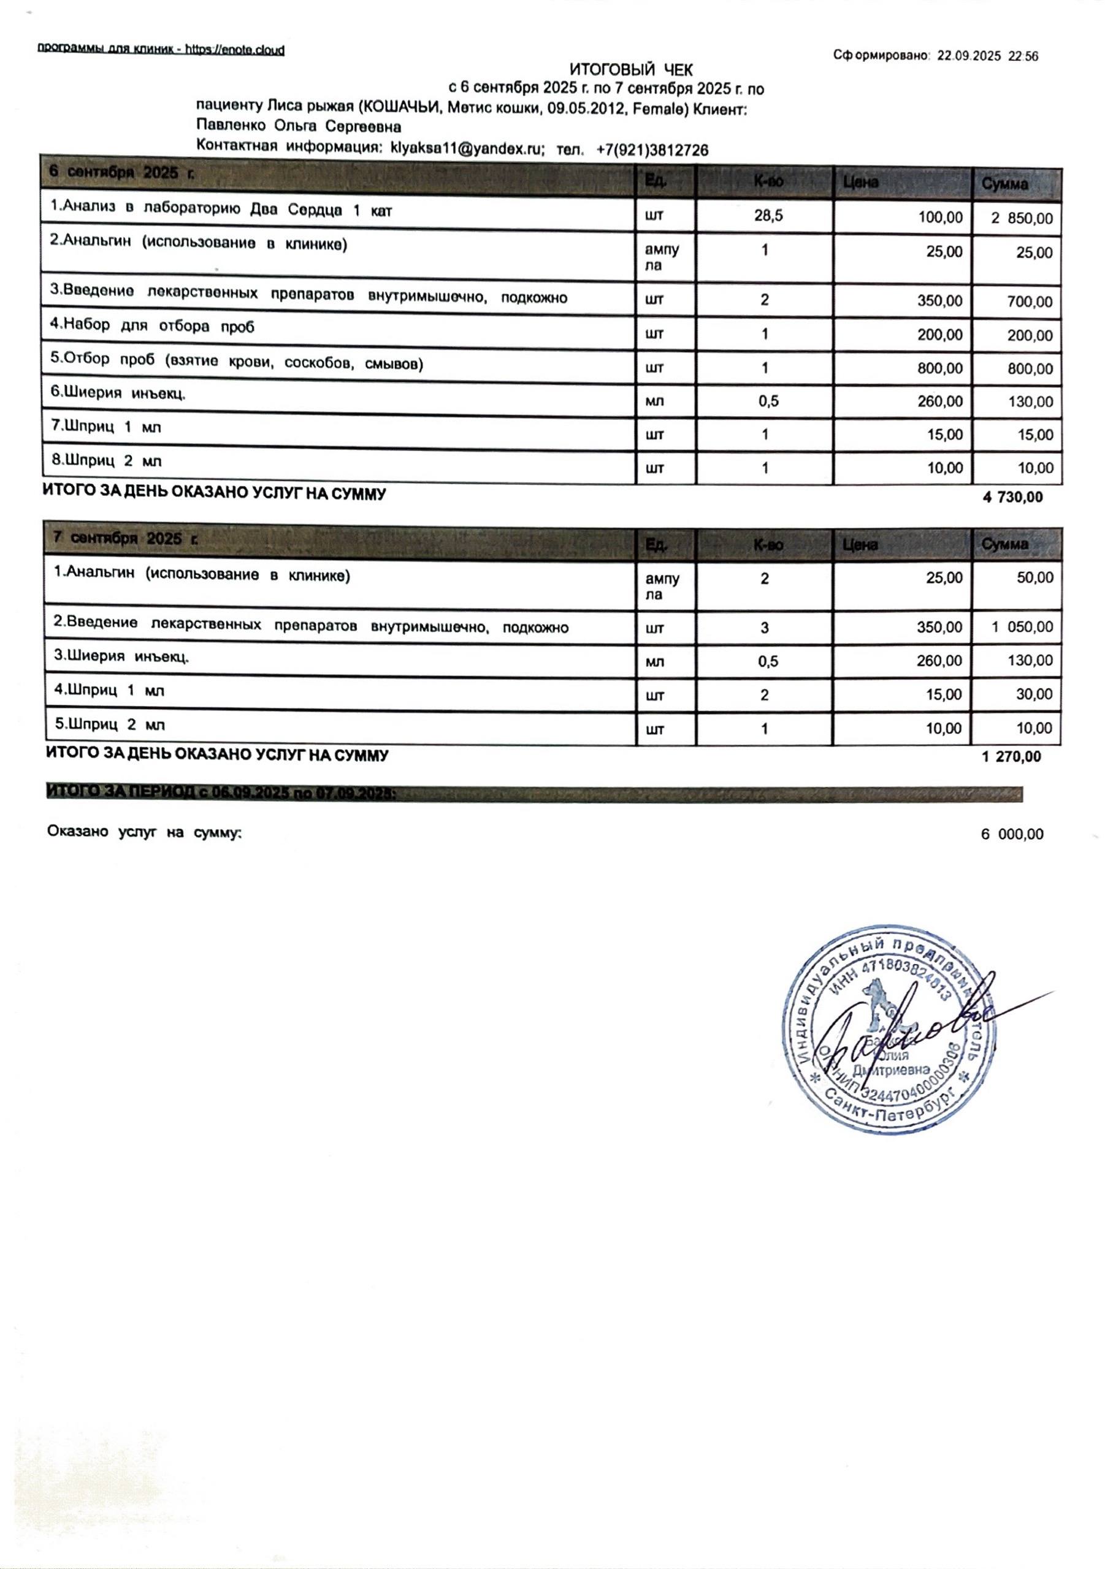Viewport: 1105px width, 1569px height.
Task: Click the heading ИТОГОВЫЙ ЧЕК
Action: coord(630,70)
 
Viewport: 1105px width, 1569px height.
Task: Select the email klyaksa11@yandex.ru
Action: coord(466,149)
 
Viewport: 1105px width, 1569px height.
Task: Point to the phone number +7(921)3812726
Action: coord(652,150)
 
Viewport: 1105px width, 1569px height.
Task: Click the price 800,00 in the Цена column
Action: coord(939,369)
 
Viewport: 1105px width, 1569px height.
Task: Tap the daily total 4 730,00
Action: coord(1012,498)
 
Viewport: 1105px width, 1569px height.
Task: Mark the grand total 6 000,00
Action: coord(1012,834)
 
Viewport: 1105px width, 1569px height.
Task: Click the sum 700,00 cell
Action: coord(1030,302)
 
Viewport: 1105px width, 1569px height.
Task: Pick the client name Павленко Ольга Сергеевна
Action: coord(298,127)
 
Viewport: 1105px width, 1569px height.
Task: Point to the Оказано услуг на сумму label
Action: coord(144,832)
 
